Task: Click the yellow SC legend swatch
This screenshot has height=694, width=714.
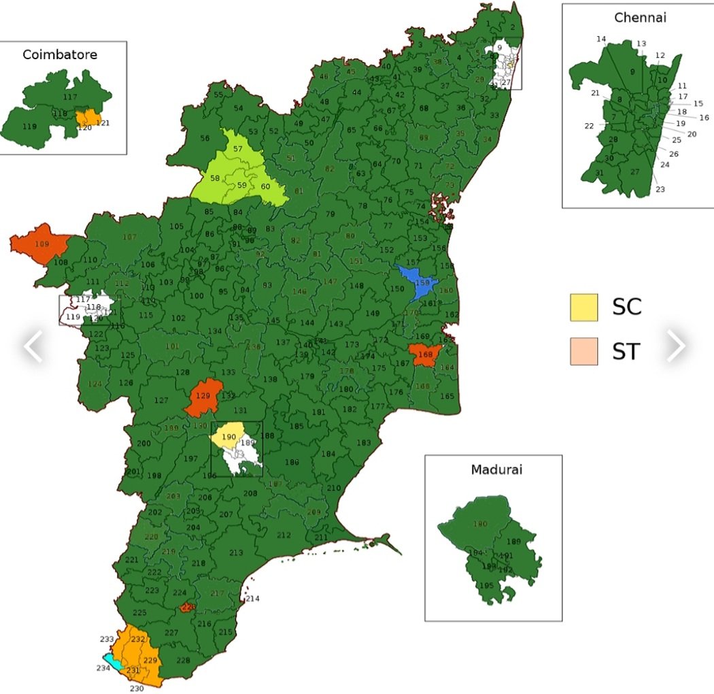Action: pos(584,307)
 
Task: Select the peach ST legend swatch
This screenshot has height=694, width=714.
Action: pos(584,351)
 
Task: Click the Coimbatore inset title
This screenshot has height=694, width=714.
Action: pos(60,54)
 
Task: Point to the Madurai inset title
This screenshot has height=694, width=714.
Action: pos(494,470)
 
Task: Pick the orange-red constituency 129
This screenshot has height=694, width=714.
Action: pos(203,397)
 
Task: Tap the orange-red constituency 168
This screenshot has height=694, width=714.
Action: pos(426,354)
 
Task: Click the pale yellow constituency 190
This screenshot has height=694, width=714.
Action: pos(228,435)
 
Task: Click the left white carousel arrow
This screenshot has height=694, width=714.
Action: pos(33,346)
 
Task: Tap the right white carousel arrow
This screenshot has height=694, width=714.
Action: pos(675,346)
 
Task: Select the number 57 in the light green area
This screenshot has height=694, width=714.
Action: pos(238,148)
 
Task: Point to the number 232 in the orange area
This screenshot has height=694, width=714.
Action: pos(139,640)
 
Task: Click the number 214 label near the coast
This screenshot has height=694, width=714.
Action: pos(252,599)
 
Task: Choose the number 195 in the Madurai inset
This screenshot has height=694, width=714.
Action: pos(486,586)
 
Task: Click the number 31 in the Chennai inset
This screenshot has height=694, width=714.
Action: pos(599,173)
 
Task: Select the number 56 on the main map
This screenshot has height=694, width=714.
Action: pos(205,138)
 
